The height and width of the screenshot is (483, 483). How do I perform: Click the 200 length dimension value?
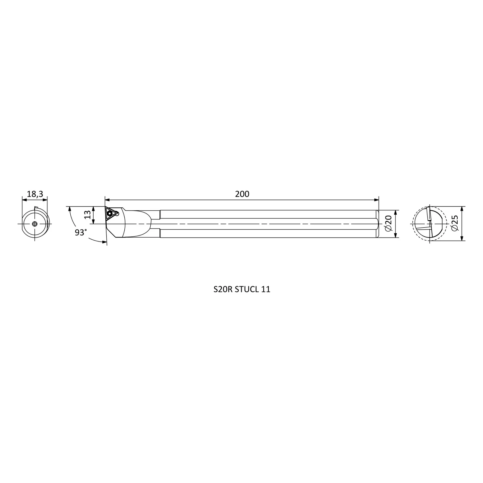[242, 194]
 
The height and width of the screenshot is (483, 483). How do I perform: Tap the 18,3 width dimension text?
[35, 194]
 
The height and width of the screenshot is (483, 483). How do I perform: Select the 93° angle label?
[81, 232]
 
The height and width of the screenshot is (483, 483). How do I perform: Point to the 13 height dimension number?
[88, 214]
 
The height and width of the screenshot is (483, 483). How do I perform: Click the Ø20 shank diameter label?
[388, 224]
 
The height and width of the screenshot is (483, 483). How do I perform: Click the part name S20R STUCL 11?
[242, 289]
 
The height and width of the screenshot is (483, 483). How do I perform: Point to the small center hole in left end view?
[35, 224]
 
